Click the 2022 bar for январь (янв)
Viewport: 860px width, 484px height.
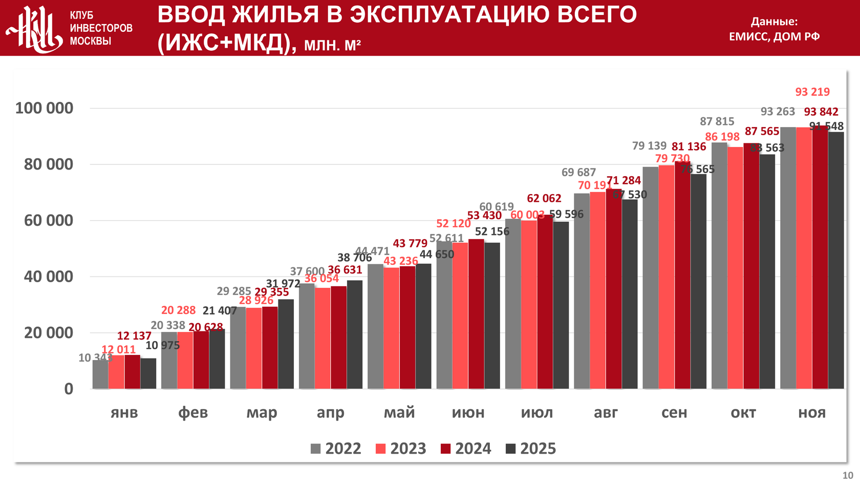coord(100,374)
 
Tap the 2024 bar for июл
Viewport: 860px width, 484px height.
coord(545,302)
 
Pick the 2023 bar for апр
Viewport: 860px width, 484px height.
coord(322,338)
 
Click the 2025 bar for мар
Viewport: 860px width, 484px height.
coord(286,344)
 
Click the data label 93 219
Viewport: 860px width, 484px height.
coord(812,92)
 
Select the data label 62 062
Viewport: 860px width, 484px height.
coord(544,198)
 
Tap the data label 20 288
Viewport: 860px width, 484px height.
coord(178,310)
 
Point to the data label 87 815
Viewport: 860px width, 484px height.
coord(717,121)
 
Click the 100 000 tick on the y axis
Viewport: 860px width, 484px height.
coord(44,108)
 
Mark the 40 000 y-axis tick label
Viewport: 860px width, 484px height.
coord(48,277)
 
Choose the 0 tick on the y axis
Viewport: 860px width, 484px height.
coord(69,389)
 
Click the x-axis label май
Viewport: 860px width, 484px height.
coord(399,412)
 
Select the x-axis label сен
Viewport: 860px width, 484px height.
coord(674,412)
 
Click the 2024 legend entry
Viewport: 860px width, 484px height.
coord(466,449)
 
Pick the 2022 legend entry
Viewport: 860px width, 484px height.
coord(336,449)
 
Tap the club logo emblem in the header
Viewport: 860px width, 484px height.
coord(34,29)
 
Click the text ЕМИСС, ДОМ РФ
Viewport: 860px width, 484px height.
coord(774,36)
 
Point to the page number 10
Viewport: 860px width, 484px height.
coord(848,475)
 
